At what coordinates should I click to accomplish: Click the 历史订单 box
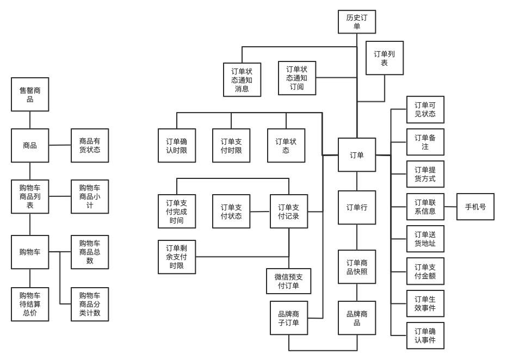coord(357,22)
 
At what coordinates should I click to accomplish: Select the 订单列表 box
coord(385,58)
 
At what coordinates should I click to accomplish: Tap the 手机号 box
coord(475,207)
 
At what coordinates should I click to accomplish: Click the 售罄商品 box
coord(30,95)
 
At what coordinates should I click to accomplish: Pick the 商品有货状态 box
coord(90,145)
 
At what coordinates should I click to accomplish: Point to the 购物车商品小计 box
coord(90,196)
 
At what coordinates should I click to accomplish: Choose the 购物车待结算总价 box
coord(30,304)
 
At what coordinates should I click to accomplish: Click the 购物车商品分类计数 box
coord(90,304)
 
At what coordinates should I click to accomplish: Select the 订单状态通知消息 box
coord(242,80)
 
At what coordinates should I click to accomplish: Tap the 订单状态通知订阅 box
coord(297,78)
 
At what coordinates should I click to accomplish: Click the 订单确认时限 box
coord(177,146)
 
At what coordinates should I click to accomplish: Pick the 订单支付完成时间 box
coord(177,212)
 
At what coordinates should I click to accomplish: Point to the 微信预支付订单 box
coord(289,281)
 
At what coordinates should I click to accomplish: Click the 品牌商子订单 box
coord(289,318)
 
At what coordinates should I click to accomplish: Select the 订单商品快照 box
coord(357,267)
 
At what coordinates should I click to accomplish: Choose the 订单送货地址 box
coord(425,239)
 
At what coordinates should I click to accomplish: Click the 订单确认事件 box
coord(425,336)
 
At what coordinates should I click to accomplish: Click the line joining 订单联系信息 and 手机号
coord(450,207)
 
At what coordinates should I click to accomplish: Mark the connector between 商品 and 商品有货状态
coord(60,145)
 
